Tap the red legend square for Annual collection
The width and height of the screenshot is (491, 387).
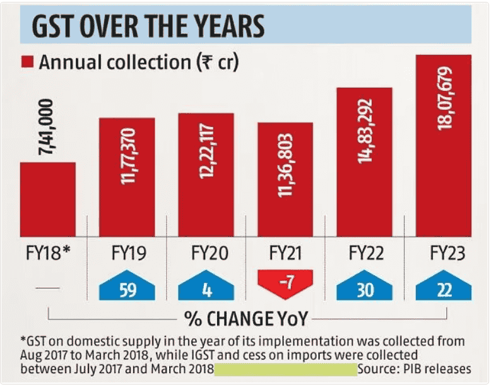tap(27, 62)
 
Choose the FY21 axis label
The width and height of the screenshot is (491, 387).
tap(285, 254)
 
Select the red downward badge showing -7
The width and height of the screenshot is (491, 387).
tap(285, 285)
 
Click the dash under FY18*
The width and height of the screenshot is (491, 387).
tap(48, 288)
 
